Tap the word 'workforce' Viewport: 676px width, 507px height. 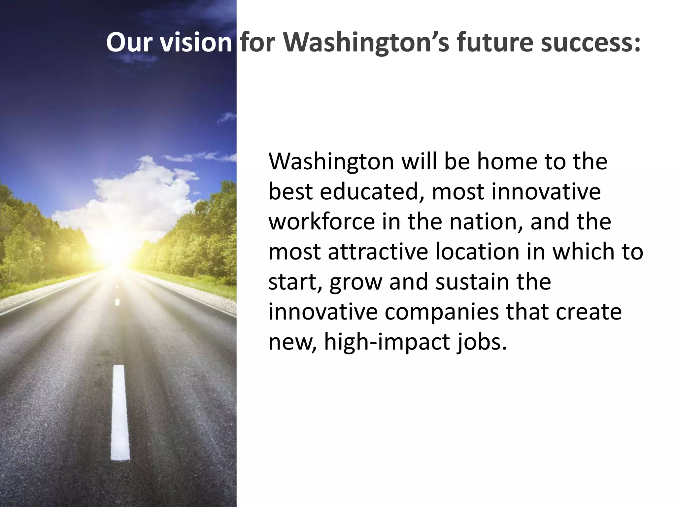point(322,221)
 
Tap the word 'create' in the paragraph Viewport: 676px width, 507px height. point(589,312)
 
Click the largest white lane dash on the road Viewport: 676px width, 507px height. point(120,413)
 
